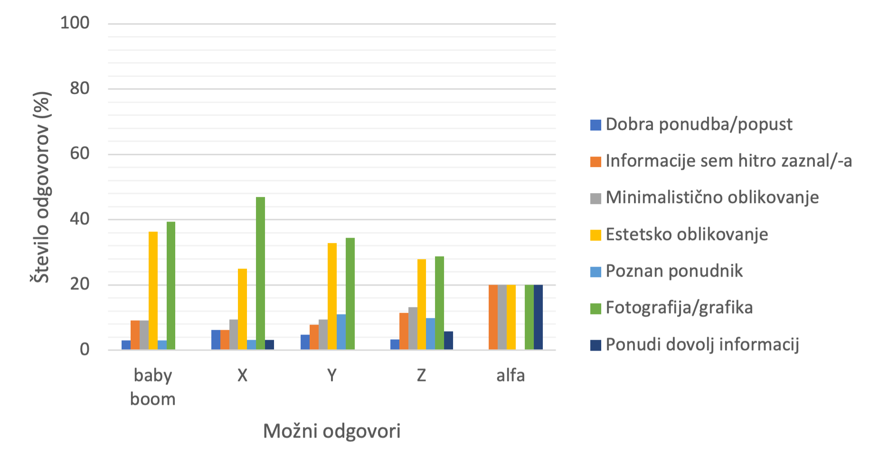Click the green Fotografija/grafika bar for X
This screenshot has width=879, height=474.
260,273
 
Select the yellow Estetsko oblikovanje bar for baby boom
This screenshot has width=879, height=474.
153,290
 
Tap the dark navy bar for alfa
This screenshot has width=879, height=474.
538,317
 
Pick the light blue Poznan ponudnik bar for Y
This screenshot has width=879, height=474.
341,332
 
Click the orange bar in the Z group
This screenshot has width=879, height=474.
404,331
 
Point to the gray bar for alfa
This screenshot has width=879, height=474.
502,317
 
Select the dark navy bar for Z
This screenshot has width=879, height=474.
448,340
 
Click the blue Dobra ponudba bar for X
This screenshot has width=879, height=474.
216,340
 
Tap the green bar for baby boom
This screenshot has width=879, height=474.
171,286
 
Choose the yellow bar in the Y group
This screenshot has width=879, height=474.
332,296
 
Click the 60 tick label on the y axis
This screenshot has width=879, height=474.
79,153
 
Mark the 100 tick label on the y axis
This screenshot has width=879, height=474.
75,23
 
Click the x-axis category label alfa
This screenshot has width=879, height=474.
510,375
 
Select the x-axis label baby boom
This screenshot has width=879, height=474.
153,387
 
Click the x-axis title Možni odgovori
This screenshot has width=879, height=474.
331,431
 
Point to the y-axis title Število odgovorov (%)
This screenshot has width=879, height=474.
41,187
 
